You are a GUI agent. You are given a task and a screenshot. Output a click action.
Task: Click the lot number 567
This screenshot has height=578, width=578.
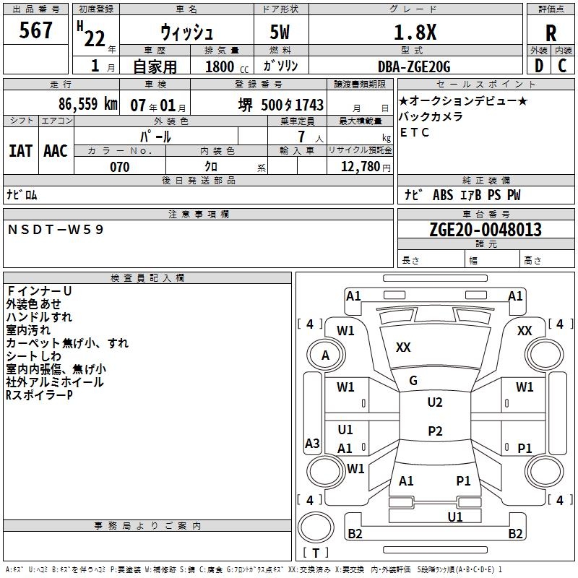click(37, 30)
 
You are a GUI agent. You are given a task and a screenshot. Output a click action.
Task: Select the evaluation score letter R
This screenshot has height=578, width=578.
click(551, 33)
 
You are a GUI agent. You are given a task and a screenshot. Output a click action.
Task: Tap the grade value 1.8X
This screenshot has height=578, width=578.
click(414, 33)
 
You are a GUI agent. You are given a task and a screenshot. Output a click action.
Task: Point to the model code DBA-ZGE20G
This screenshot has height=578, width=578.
click(414, 66)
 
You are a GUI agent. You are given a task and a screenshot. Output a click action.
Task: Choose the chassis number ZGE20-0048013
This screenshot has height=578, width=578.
click(485, 230)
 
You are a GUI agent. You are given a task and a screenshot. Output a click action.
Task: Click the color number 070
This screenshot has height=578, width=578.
click(119, 167)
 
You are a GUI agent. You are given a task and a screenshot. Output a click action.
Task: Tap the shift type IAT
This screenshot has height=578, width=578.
click(20, 150)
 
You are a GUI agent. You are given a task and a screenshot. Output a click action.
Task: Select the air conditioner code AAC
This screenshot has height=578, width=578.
click(55, 150)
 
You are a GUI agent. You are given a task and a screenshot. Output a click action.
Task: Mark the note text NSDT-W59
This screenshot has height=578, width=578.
click(56, 229)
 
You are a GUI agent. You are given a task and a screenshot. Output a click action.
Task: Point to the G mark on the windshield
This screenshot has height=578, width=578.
click(413, 381)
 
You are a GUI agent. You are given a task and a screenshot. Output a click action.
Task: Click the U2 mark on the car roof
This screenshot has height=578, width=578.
click(434, 402)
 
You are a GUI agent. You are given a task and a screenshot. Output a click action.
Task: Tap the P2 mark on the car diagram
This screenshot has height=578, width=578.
click(434, 431)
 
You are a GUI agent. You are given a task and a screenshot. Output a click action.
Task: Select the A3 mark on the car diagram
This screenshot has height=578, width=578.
click(312, 443)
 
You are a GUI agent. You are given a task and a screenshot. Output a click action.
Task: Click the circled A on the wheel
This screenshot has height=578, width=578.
click(325, 355)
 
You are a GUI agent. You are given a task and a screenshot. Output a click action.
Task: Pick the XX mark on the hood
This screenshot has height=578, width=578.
click(403, 348)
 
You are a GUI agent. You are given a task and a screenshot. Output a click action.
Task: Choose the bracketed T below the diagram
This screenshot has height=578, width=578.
click(316, 553)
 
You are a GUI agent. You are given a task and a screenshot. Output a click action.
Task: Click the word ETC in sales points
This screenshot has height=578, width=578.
click(415, 132)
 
